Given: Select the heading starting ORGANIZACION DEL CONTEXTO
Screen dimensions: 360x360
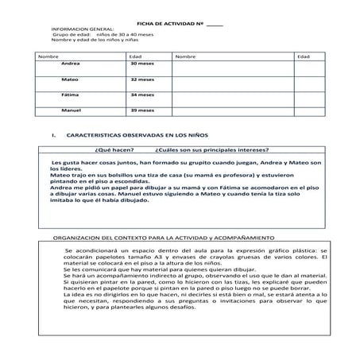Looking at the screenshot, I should pos(162,237).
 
